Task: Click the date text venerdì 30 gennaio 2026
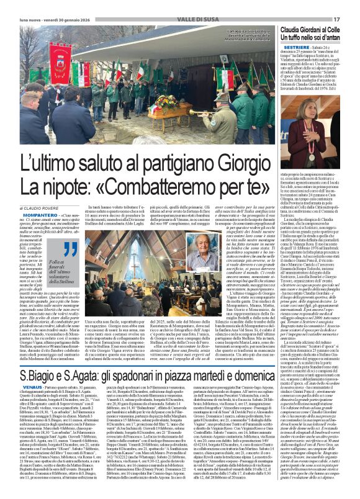pyautogui.click(x=62, y=19)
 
